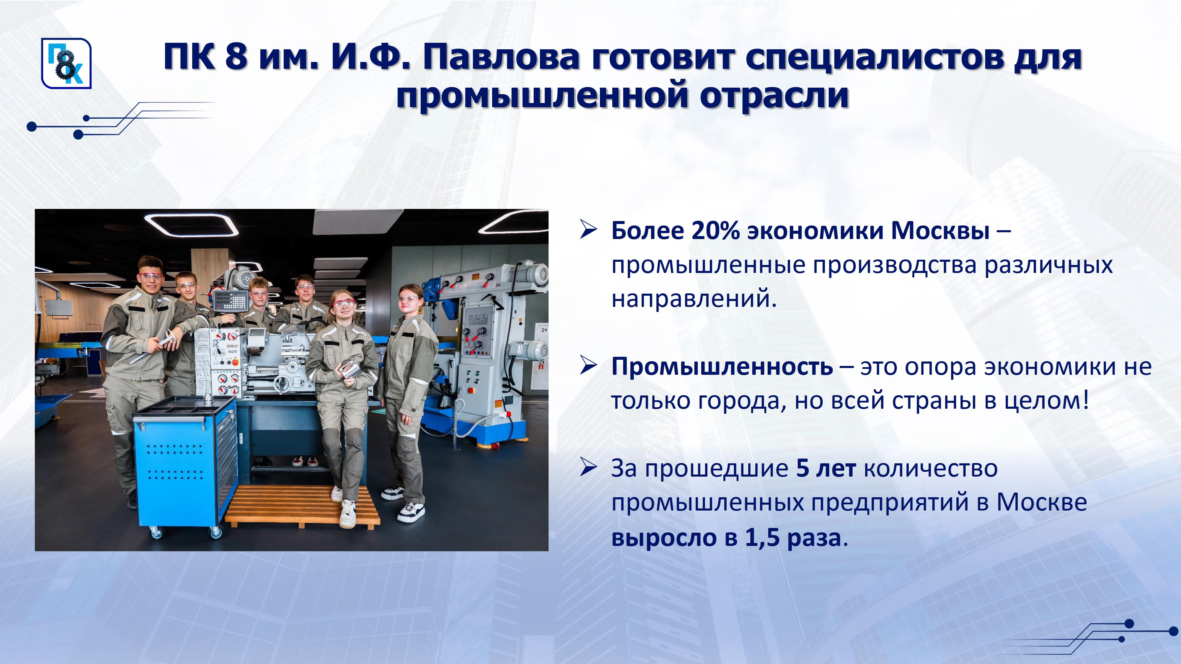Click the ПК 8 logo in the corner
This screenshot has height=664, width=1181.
(66, 63)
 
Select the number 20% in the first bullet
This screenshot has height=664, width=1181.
(715, 230)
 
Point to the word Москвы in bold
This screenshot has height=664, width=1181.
(940, 230)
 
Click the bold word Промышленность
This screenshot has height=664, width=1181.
(722, 367)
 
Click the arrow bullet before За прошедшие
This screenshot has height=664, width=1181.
(589, 468)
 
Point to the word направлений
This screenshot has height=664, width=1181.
(694, 299)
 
